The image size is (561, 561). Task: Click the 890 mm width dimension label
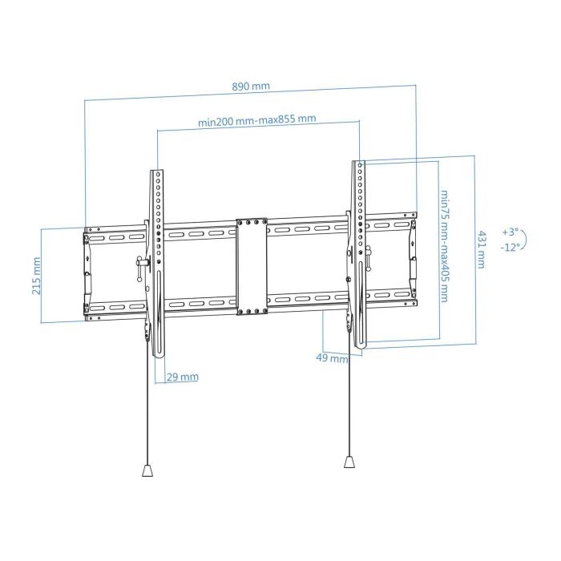click(x=250, y=86)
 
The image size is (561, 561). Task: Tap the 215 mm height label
click(x=37, y=275)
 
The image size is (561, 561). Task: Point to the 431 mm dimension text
click(x=482, y=249)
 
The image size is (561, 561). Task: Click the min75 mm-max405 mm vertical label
click(x=444, y=245)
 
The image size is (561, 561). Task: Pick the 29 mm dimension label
click(x=184, y=377)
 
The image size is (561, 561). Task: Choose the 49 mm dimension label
click(x=332, y=359)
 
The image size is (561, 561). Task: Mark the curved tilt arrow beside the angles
click(x=525, y=239)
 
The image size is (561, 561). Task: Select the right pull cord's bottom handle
click(x=349, y=462)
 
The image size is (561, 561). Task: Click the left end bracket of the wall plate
click(x=87, y=272)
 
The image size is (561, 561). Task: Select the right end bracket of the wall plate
click(x=413, y=257)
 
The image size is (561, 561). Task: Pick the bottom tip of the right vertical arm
click(x=362, y=345)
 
